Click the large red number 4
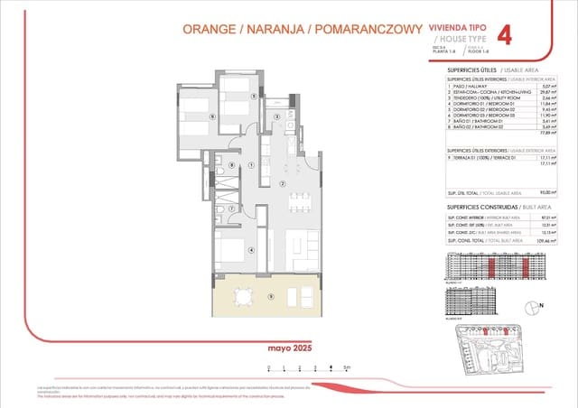pyautogui.click(x=505, y=35)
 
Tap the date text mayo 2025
pyautogui.click(x=289, y=348)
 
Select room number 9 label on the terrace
pyautogui.click(x=270, y=296)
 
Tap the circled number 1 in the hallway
pyautogui.click(x=250, y=165)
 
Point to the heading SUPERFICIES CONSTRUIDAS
pyautogui.click(x=477, y=208)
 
